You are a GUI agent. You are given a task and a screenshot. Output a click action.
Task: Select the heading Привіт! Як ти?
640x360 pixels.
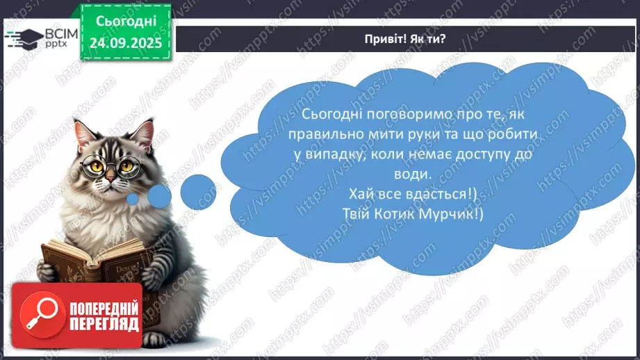pyautogui.click(x=407, y=38)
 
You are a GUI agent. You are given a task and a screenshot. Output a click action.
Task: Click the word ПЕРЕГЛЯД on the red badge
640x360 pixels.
pyautogui.click(x=102, y=324)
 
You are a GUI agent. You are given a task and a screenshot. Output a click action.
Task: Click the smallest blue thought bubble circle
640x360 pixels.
pyautogui.click(x=132, y=199)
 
